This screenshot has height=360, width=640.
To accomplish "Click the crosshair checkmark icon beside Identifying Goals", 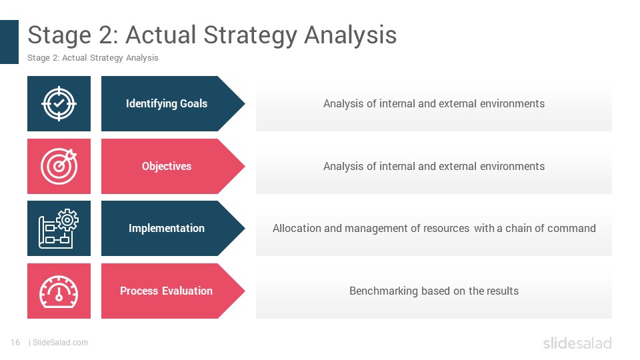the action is coord(59,104).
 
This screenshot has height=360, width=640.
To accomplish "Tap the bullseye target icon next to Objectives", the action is coord(59,166).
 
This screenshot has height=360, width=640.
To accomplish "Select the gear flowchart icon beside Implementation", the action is coord(59,228).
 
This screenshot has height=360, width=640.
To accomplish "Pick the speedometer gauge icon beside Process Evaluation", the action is coord(59,291).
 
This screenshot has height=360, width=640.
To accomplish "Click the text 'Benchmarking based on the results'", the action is coord(434,291).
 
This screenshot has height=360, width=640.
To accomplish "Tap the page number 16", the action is coord(15,343).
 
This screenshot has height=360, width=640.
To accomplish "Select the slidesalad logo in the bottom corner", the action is coord(577,343).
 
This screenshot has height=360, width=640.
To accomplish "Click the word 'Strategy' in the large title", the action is coord(251,35).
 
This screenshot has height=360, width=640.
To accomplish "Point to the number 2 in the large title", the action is coord(107,35).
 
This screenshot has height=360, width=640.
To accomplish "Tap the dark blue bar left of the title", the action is coord(9,42).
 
